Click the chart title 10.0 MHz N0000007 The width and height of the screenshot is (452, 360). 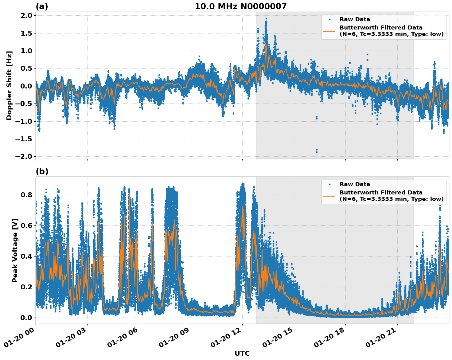[240, 6]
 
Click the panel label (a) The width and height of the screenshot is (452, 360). [42, 6]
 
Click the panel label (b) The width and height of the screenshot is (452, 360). [42, 171]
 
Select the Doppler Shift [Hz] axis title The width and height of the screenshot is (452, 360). [9, 85]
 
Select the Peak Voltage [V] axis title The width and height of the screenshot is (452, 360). [15, 250]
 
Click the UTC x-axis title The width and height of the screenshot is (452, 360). [242, 354]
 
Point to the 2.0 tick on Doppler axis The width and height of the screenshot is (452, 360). [26, 16]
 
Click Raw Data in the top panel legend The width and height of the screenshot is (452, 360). [355, 20]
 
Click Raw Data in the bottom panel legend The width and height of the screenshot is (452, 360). [355, 184]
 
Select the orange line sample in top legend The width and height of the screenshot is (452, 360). [329, 31]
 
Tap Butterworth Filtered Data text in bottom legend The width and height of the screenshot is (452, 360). [381, 193]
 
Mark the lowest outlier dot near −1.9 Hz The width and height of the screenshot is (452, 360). [317, 152]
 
